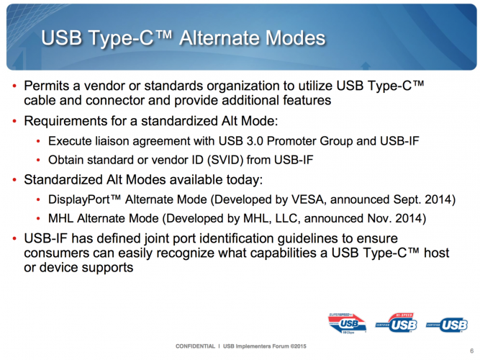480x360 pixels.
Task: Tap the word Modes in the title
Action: click(295, 38)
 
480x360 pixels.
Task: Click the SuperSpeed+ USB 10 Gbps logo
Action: click(347, 323)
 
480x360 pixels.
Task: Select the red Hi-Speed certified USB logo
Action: click(396, 323)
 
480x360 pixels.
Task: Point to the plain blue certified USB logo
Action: click(447, 325)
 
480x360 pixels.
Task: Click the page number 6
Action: click(472, 351)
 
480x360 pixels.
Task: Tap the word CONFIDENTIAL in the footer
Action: click(195, 346)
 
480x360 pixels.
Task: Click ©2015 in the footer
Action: click(298, 346)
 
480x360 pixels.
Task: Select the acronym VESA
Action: click(307, 199)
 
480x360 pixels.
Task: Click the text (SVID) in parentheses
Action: click(225, 160)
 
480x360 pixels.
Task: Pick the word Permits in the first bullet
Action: click(47, 86)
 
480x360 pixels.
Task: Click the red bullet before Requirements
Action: click(14, 122)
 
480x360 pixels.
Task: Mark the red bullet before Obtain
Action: click(38, 161)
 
